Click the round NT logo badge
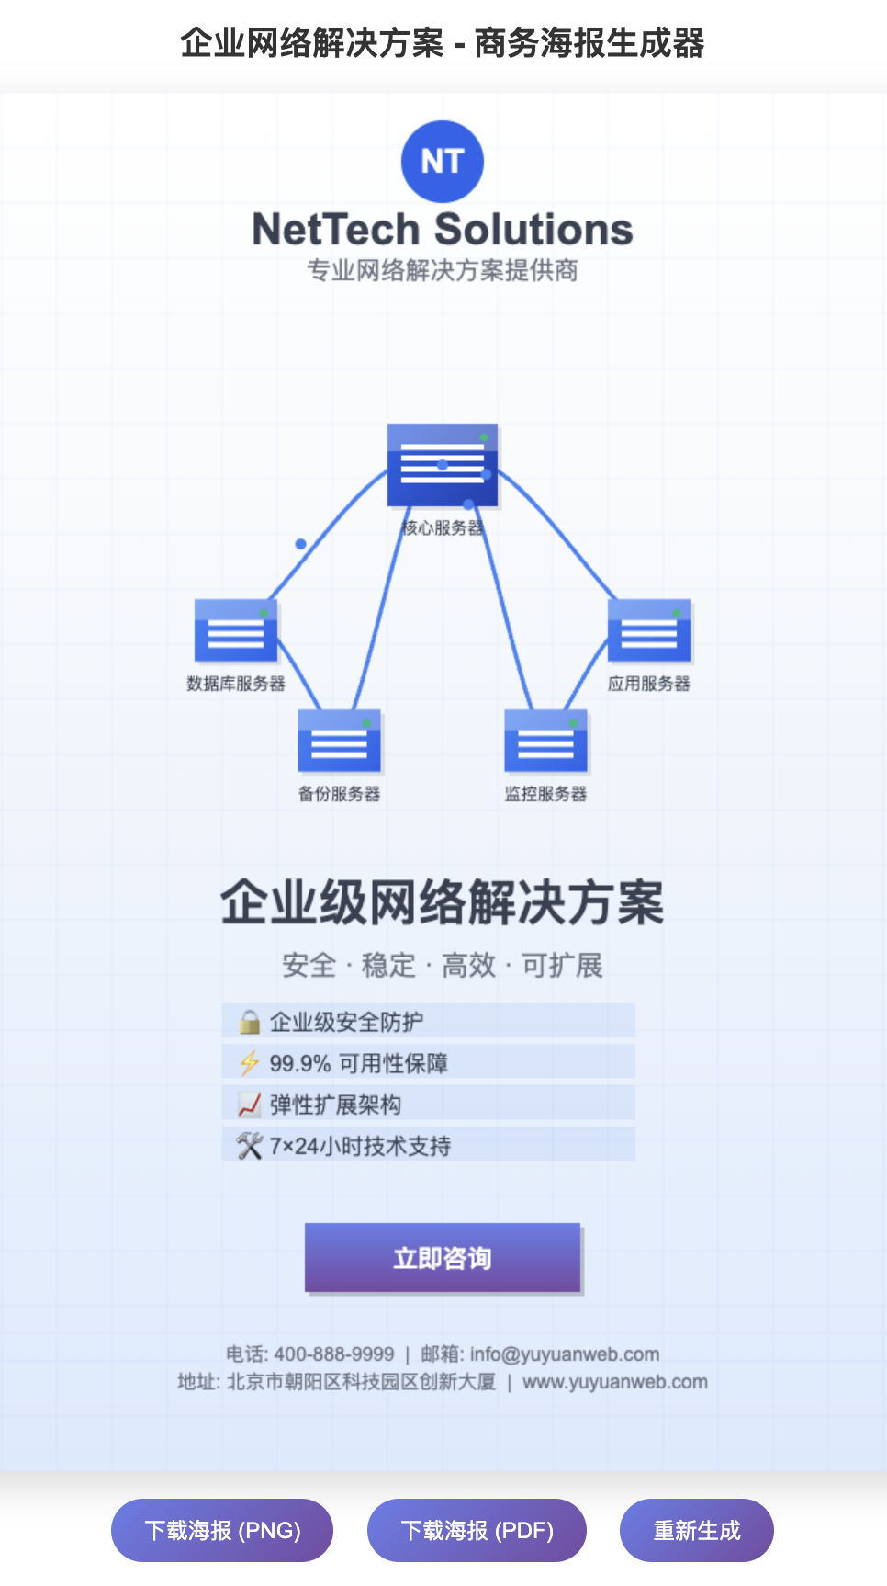coord(442,162)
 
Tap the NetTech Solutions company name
coord(442,229)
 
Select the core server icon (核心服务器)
coord(442,465)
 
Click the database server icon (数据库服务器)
coord(236,630)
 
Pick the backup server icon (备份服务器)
coord(339,741)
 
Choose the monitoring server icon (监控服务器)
coord(545,741)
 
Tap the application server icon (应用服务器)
coord(648,630)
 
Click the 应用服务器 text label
coord(648,684)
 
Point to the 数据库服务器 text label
coord(236,684)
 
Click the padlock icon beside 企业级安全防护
coord(249,1022)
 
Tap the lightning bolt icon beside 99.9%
coord(249,1063)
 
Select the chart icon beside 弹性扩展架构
coord(249,1105)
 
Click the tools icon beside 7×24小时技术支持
coord(249,1146)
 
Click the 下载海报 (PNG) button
coord(222,1530)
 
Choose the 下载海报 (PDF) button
coord(477,1530)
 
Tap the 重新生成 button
coord(696,1530)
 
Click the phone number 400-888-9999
coord(334,1354)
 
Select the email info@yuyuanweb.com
coord(565,1354)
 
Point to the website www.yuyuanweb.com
coord(615,1382)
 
